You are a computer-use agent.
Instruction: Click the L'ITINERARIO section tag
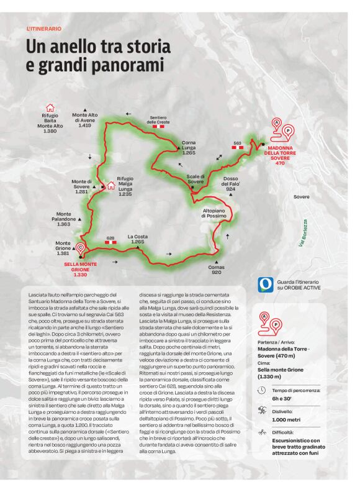(x=44, y=29)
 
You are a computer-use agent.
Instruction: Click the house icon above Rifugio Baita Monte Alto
(x=50, y=107)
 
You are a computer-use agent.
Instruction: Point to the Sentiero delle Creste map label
(x=158, y=119)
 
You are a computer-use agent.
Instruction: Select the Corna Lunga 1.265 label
(x=189, y=148)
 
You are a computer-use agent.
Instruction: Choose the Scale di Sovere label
(x=200, y=180)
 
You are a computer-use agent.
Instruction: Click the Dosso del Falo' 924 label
(x=232, y=182)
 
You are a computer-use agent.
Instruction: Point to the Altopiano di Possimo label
(x=217, y=214)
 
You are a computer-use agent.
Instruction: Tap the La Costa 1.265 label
(x=138, y=239)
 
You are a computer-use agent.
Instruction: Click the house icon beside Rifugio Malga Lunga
(x=111, y=185)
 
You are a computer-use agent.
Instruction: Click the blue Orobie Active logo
(x=266, y=285)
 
